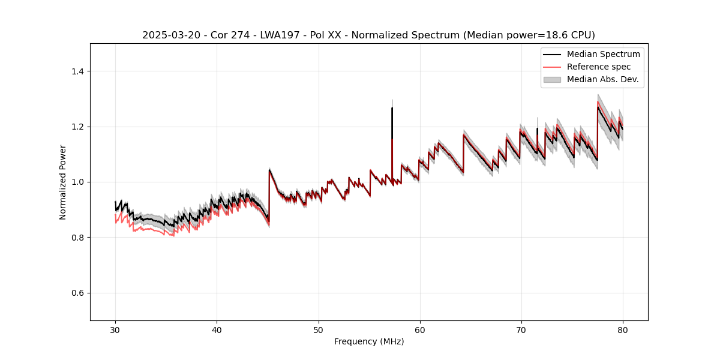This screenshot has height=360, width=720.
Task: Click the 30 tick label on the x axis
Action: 115,330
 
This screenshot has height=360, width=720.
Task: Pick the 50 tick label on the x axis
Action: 319,330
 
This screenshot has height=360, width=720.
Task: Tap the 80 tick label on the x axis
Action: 623,330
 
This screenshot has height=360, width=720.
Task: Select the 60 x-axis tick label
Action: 420,330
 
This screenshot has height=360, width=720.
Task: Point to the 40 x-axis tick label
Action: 217,330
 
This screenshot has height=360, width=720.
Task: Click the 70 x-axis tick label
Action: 521,330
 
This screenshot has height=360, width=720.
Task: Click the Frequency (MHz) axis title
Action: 369,341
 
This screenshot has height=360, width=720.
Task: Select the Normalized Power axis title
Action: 63,182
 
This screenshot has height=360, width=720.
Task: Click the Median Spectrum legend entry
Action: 603,54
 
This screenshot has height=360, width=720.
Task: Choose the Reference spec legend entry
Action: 599,67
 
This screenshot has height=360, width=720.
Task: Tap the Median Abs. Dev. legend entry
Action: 603,79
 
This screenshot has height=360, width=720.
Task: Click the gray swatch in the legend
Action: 552,79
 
